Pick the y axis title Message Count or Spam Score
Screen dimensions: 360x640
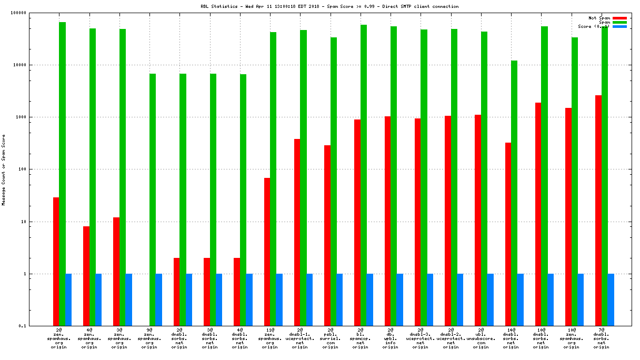click(x=4, y=169)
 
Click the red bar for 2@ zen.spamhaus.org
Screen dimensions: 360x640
click(x=56, y=262)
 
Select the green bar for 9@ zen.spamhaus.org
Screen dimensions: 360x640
click(x=153, y=199)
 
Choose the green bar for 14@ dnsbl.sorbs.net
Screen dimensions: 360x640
click(x=514, y=193)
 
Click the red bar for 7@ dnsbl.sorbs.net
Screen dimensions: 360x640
click(x=598, y=211)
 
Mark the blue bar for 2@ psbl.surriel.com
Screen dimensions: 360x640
click(x=339, y=300)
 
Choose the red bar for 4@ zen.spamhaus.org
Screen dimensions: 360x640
click(x=86, y=276)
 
